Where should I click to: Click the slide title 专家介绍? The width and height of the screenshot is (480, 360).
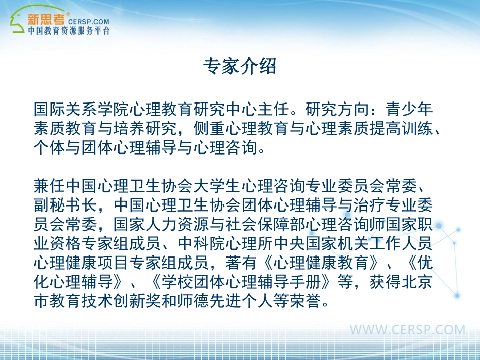click(x=239, y=66)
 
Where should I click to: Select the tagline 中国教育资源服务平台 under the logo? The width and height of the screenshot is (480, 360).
click(x=68, y=31)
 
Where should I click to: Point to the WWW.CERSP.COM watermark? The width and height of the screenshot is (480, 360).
click(x=407, y=330)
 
